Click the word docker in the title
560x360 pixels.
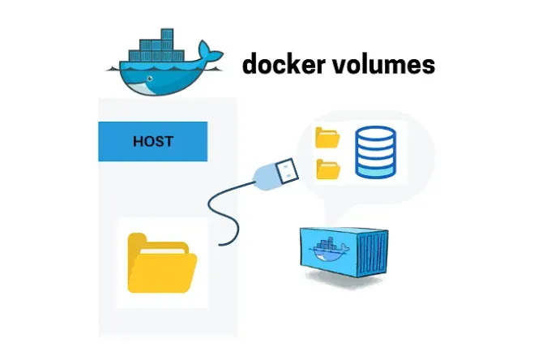click(x=280, y=65)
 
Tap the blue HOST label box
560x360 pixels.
click(x=153, y=141)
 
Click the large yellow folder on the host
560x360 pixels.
click(x=162, y=264)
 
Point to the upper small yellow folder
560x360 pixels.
click(x=328, y=137)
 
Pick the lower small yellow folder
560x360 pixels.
click(x=328, y=169)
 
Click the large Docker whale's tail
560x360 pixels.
click(x=212, y=55)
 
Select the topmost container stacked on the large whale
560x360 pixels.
click(x=165, y=36)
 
